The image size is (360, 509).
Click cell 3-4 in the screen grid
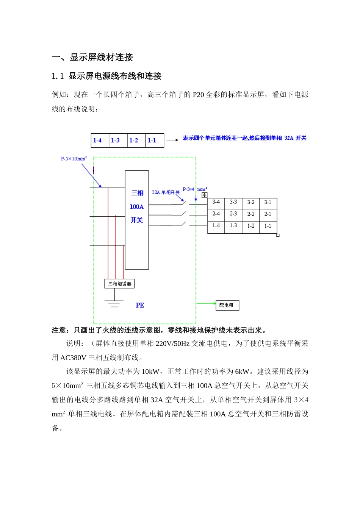[x=216, y=202]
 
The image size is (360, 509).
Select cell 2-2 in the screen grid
[x=251, y=214]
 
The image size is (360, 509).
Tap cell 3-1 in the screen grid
[x=268, y=202]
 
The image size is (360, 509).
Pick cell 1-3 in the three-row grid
[x=233, y=226]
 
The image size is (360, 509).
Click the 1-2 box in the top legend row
[x=134, y=141]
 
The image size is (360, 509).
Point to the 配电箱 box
[x=227, y=305]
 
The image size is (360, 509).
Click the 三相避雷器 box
[x=119, y=284]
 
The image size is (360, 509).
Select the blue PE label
[x=140, y=305]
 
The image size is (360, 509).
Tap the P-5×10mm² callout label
[x=74, y=159]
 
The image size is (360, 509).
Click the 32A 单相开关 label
[x=166, y=192]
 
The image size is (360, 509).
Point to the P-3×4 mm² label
[x=195, y=189]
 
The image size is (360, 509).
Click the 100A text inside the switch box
[x=137, y=207]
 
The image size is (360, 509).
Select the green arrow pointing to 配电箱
[x=206, y=303]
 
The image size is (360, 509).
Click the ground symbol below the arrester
[x=114, y=303]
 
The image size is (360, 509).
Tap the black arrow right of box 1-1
[x=172, y=140]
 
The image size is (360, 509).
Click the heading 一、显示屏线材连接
[x=92, y=57]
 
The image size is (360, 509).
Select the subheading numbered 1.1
[x=106, y=76]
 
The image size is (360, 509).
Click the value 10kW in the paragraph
[x=150, y=372]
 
